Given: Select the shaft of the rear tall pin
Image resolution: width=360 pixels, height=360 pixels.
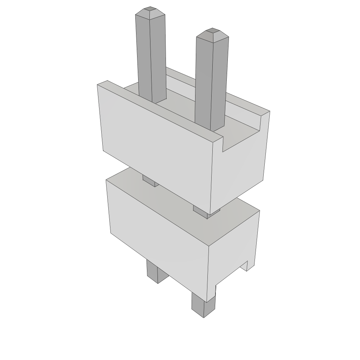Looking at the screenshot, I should click(151, 56).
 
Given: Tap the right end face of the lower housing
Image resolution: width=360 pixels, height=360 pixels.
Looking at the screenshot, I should click(232, 246).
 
